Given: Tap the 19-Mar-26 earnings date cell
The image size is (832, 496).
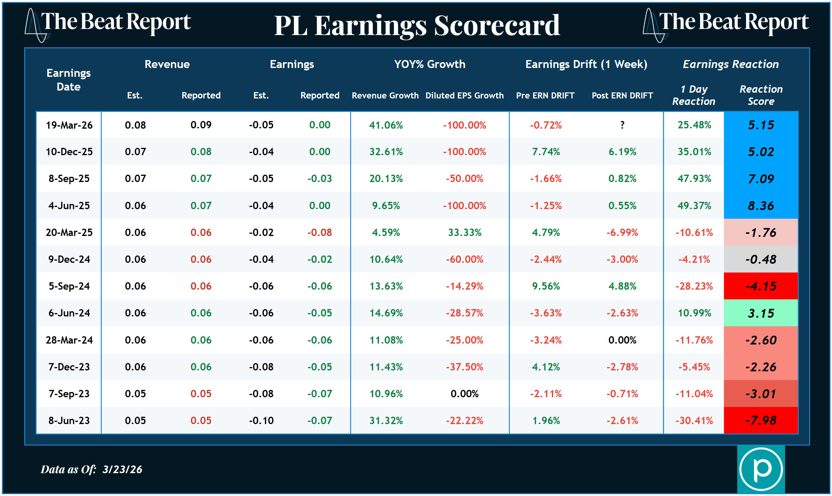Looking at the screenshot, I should [69, 125].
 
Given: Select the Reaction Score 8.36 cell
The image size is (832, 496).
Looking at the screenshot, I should [760, 205].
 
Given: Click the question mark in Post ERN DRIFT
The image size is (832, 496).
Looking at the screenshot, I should [622, 125].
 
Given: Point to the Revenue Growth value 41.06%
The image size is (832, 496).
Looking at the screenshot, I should [386, 125].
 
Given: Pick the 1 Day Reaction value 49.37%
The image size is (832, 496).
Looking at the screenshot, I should [694, 205].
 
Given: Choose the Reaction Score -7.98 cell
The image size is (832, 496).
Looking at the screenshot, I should [760, 420].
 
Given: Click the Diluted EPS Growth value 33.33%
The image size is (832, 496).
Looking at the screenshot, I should [464, 232].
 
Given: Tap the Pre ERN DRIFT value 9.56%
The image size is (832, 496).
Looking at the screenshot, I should [546, 286].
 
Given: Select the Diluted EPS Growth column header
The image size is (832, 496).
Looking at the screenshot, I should [464, 96].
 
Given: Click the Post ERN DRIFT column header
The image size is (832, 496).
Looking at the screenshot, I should [622, 96].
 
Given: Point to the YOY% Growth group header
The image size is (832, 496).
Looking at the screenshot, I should [429, 64].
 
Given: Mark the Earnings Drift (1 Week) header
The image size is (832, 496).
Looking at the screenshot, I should [586, 64].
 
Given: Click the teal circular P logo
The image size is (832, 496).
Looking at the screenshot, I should [760, 469].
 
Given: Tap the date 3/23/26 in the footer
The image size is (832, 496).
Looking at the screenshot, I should [122, 469].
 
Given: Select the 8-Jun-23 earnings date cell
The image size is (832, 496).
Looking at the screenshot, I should [69, 420].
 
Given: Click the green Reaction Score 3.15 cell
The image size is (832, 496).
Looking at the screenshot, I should [760, 313].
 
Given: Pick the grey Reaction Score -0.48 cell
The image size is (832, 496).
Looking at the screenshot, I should [760, 259].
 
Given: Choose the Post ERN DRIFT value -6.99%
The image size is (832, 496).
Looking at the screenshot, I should [622, 232].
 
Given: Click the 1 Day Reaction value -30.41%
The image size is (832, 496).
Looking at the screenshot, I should [694, 420].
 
